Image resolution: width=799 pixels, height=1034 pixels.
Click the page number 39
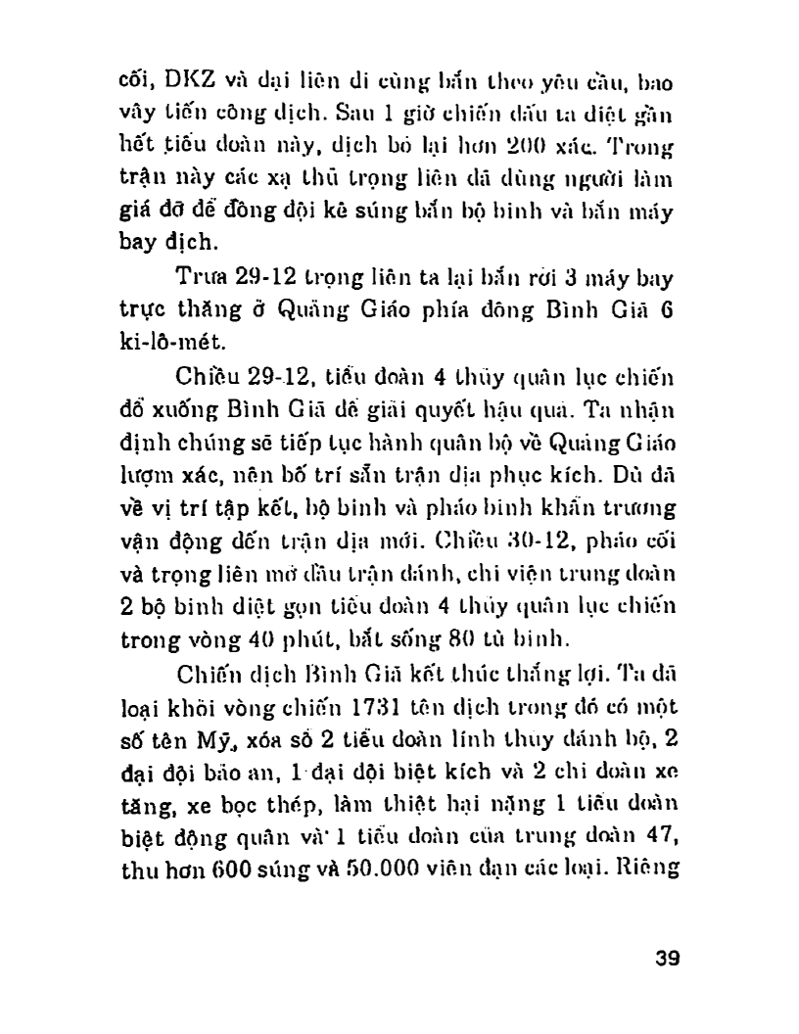point(666,958)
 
